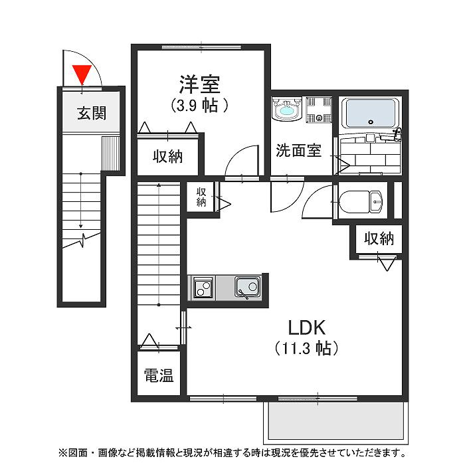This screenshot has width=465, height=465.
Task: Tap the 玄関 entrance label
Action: [91, 113]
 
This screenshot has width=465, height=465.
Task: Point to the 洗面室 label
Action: [298, 151]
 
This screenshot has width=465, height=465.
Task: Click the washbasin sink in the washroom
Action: [287, 110]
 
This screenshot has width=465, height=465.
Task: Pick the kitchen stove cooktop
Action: [202, 288]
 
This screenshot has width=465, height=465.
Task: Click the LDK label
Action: [306, 327]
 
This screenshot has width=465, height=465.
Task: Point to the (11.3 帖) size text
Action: [306, 347]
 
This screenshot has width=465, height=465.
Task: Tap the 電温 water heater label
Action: [159, 376]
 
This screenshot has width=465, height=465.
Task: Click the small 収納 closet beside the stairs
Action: [201, 197]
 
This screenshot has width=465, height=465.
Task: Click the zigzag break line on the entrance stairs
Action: [82, 236]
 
